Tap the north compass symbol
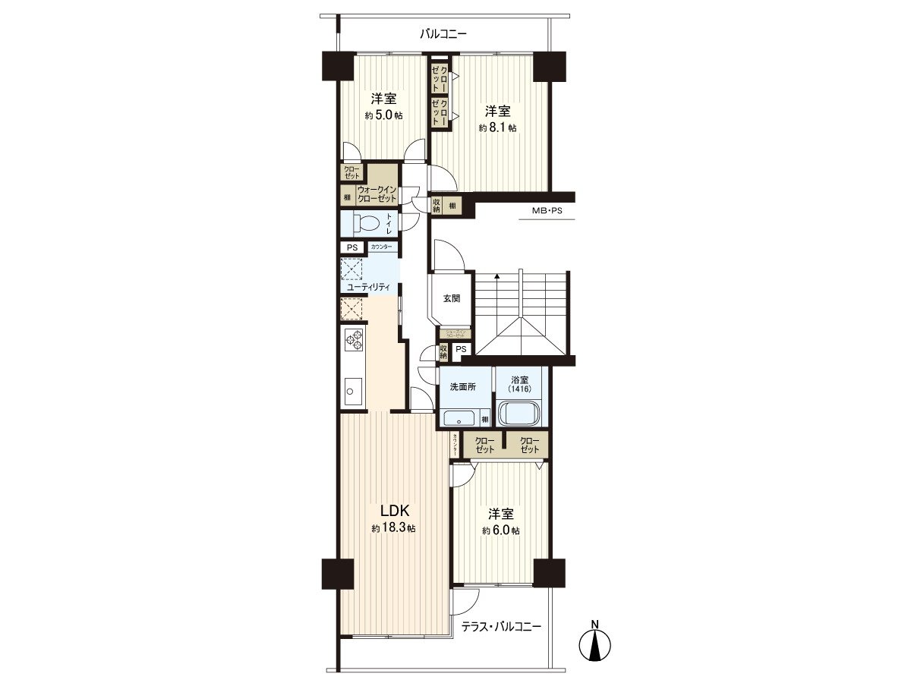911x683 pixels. pyautogui.click(x=596, y=644)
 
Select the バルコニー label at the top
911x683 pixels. pyautogui.click(x=444, y=34)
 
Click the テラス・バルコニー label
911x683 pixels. pyautogui.click(x=502, y=627)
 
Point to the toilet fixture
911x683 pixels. pyautogui.click(x=366, y=223)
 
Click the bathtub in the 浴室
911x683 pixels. pyautogui.click(x=519, y=414)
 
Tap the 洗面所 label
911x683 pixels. pyautogui.click(x=462, y=386)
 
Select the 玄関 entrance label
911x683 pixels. pyautogui.click(x=452, y=298)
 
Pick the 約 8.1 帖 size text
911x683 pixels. pyautogui.click(x=497, y=128)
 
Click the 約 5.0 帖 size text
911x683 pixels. pyautogui.click(x=383, y=115)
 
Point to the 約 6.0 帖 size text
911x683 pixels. pyautogui.click(x=500, y=530)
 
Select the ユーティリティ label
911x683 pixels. pyautogui.click(x=368, y=288)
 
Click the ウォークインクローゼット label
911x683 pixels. pyautogui.click(x=377, y=194)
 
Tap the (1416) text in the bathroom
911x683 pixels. pyautogui.click(x=520, y=389)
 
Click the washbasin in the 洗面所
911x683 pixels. pyautogui.click(x=459, y=418)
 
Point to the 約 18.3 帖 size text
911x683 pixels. pyautogui.click(x=393, y=528)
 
